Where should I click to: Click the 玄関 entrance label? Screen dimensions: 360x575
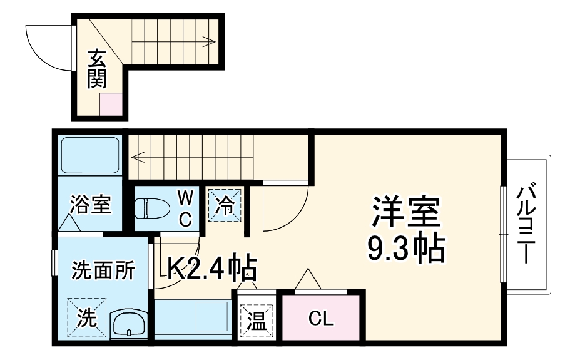click(96, 68)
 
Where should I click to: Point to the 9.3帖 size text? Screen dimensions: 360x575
click(407, 249)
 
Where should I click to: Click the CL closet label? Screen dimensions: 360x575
click(322, 319)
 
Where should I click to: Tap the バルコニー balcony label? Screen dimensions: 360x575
click(526, 222)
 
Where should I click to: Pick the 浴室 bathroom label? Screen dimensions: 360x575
click(91, 204)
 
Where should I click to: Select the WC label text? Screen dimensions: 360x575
click(185, 208)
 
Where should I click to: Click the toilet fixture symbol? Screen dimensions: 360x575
click(151, 207)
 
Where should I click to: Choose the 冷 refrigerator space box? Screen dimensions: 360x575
click(224, 204)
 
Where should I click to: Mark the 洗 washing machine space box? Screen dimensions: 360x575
click(86, 318)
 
